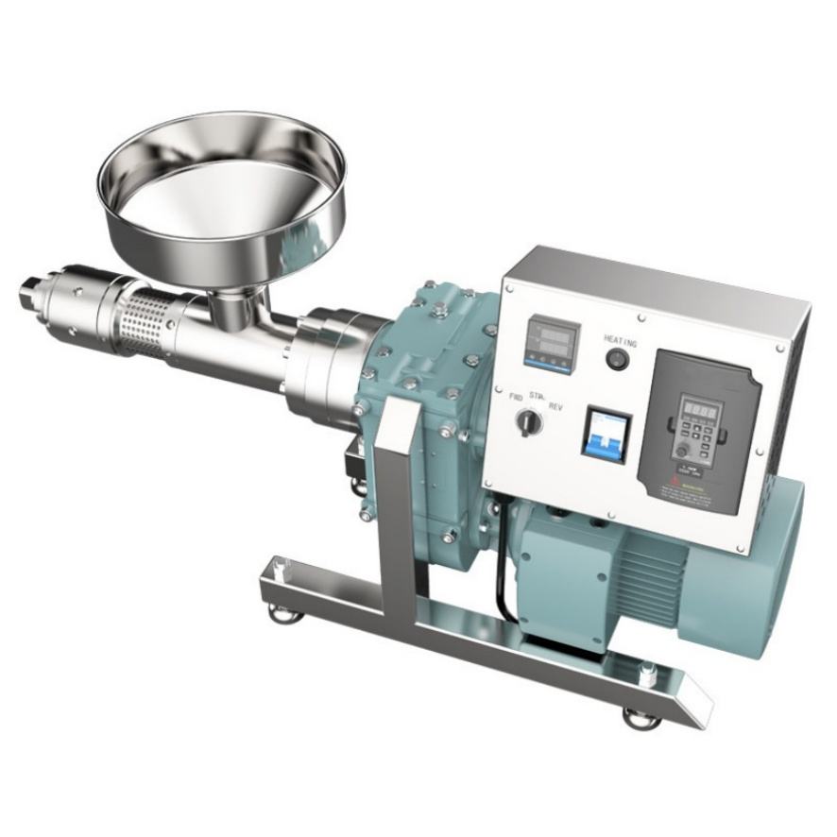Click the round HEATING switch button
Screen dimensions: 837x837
(617, 360)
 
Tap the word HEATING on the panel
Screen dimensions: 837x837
(620, 341)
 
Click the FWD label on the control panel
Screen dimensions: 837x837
(516, 398)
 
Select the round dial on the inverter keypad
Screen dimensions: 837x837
(682, 453)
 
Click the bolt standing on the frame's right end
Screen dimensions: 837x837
(646, 672)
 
